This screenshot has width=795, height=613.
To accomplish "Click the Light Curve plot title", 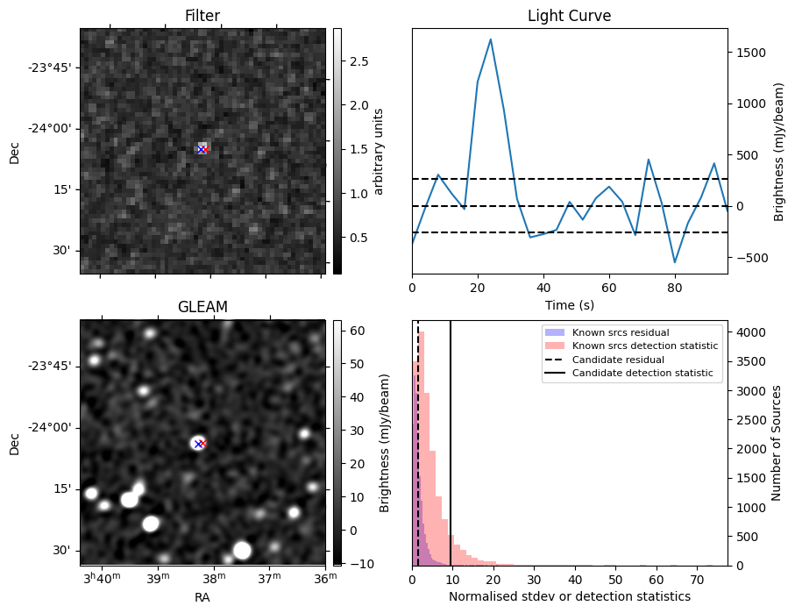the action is (x=569, y=16).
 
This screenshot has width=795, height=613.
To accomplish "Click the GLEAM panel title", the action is (x=202, y=307).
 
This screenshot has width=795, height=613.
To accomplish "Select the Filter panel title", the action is (x=202, y=16).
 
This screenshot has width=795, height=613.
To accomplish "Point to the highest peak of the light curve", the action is (x=490, y=39).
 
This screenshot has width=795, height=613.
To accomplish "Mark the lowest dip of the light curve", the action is (x=674, y=262).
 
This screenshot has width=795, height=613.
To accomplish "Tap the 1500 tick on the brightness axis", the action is (x=749, y=53).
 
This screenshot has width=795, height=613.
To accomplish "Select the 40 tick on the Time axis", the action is (x=543, y=288).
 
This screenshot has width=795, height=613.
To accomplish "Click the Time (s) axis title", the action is (x=570, y=305).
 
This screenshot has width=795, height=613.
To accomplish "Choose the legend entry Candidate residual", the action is (x=618, y=360).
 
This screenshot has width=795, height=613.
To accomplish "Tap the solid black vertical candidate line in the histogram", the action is (x=451, y=443).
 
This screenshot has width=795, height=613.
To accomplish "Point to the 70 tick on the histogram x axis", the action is (x=697, y=580).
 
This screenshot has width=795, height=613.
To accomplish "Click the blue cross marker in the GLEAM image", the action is (x=198, y=444).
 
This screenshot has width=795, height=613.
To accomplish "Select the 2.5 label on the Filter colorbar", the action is (x=359, y=61).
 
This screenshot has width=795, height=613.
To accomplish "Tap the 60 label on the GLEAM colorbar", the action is (x=357, y=331).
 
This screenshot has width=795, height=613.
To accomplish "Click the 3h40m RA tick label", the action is (x=102, y=577).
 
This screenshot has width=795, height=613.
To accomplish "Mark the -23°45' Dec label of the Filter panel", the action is (x=53, y=68).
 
